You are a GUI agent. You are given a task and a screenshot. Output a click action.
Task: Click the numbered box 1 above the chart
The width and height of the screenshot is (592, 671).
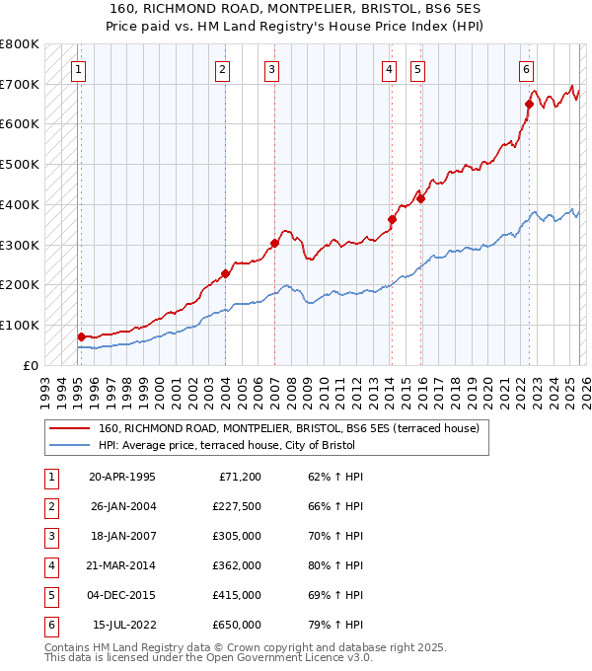pyautogui.click(x=78, y=69)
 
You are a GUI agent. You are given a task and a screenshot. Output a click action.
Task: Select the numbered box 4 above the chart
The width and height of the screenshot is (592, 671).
pyautogui.click(x=390, y=69)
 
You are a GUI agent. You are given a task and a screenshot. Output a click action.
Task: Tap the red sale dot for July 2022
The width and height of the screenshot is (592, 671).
pyautogui.click(x=530, y=104)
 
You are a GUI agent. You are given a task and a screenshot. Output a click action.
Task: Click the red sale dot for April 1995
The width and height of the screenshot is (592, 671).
pyautogui.click(x=81, y=336)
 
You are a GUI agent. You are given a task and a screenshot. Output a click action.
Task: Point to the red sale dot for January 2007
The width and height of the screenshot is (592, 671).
pyautogui.click(x=274, y=243)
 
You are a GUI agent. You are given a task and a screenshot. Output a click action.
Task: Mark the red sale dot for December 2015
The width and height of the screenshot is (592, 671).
pyautogui.click(x=420, y=198)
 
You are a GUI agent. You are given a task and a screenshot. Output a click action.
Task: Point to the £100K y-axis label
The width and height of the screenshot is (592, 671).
pyautogui.click(x=20, y=325)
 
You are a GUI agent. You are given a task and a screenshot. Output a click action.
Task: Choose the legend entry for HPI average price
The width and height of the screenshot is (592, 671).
pyautogui.click(x=226, y=445)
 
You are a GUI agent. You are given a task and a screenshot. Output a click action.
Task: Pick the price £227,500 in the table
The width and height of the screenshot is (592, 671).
pyautogui.click(x=237, y=507)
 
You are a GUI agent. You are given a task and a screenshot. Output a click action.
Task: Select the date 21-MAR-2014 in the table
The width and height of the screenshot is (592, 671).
pyautogui.click(x=122, y=566)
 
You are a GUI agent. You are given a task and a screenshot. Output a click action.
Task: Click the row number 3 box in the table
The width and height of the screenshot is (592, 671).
pyautogui.click(x=50, y=537)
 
